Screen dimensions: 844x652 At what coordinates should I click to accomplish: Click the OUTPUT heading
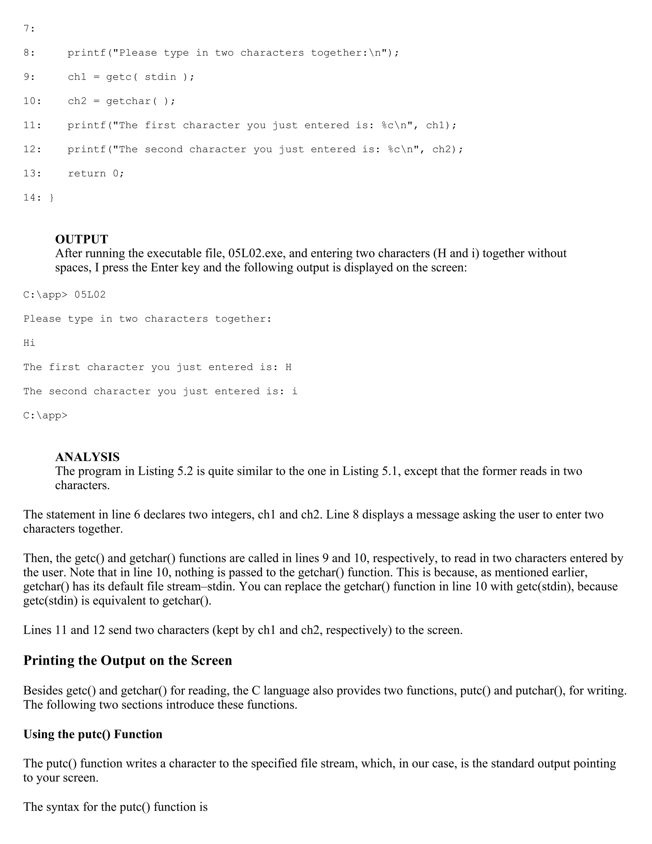click(x=81, y=239)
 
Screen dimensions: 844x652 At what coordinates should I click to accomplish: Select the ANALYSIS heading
click(x=87, y=457)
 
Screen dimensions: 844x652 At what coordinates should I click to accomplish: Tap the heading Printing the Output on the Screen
click(x=127, y=661)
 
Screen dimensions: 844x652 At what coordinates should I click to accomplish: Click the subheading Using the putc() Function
click(x=93, y=734)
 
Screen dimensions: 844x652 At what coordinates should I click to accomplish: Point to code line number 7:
click(x=29, y=29)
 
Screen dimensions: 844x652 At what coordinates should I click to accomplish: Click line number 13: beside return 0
click(x=32, y=174)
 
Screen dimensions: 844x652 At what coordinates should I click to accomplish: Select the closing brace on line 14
click(x=52, y=198)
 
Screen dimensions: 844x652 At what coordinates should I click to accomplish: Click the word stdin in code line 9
click(x=160, y=77)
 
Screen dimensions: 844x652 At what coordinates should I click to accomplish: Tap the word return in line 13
click(x=87, y=174)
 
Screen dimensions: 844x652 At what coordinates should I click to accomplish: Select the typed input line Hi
click(x=29, y=343)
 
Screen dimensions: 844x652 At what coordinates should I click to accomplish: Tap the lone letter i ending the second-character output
click(x=295, y=391)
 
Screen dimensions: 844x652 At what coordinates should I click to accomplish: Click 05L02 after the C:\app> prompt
click(x=90, y=295)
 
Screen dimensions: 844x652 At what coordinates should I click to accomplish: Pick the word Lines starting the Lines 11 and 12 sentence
click(x=37, y=630)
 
